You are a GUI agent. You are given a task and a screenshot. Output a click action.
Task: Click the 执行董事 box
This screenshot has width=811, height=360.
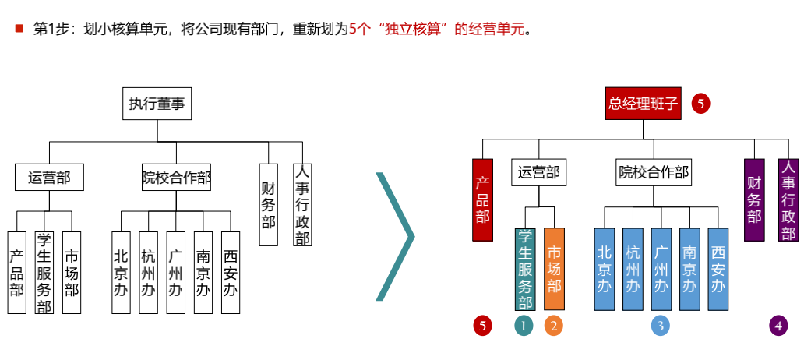[157, 104]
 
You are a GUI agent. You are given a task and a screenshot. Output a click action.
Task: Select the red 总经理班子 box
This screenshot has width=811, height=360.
[644, 103]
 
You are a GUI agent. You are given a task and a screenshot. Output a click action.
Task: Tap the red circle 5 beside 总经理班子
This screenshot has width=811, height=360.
[701, 103]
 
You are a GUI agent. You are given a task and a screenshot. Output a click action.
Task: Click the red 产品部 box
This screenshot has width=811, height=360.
[483, 199]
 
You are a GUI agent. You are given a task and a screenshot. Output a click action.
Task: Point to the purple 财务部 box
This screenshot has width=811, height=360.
[754, 199]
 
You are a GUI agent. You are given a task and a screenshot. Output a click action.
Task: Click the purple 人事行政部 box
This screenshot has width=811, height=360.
[788, 199]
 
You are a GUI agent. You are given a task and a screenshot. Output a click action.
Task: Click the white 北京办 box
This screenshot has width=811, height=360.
[121, 273]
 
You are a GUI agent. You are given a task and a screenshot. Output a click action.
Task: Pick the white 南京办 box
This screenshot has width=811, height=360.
[203, 273]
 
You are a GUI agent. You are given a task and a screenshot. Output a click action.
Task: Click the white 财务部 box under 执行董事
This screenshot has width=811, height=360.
[269, 204]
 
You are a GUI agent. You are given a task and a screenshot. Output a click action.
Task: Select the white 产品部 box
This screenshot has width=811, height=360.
[16, 273]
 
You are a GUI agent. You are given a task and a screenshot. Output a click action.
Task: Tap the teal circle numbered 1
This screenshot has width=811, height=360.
[524, 326]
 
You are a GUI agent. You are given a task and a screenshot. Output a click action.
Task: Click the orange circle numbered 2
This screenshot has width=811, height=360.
[553, 326]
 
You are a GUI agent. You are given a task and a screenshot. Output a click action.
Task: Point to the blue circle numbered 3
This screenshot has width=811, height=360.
[661, 326]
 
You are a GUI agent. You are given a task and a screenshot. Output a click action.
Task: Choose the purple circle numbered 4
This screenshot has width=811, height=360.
[778, 326]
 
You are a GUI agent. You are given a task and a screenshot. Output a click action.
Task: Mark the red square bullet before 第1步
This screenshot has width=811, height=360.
[19, 29]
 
